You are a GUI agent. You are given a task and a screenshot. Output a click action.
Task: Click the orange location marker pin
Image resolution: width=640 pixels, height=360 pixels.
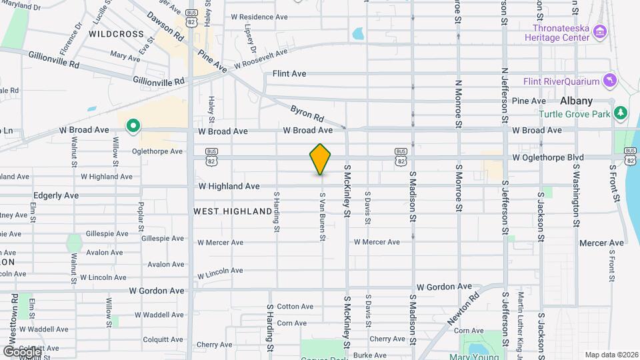(321, 159)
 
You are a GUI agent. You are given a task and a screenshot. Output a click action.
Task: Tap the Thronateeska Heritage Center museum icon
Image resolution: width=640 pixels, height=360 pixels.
(599, 32)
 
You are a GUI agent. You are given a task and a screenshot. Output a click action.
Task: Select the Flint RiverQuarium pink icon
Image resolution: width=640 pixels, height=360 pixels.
(609, 81)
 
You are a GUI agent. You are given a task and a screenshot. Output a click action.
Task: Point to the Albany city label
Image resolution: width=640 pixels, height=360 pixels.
(576, 101)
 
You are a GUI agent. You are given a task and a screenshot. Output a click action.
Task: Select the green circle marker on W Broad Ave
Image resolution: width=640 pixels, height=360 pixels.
(133, 125)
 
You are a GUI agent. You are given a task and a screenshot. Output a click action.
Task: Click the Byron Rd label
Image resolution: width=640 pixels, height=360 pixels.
(307, 113)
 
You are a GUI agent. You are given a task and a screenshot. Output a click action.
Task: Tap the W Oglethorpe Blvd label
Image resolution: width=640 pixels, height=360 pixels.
(548, 157)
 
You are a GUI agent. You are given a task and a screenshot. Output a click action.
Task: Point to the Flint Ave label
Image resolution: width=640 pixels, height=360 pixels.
(289, 73)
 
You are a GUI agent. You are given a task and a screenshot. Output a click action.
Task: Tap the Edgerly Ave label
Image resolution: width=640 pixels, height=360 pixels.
(56, 196)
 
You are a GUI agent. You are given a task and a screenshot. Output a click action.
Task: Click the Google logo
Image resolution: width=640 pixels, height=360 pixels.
(22, 351)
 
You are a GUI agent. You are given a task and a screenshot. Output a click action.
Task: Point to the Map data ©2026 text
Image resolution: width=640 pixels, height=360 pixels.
(611, 355)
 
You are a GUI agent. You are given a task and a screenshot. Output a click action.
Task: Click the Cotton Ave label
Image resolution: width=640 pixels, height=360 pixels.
(295, 307)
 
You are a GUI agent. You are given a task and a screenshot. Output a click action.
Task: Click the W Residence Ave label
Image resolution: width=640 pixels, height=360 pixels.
(259, 17)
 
